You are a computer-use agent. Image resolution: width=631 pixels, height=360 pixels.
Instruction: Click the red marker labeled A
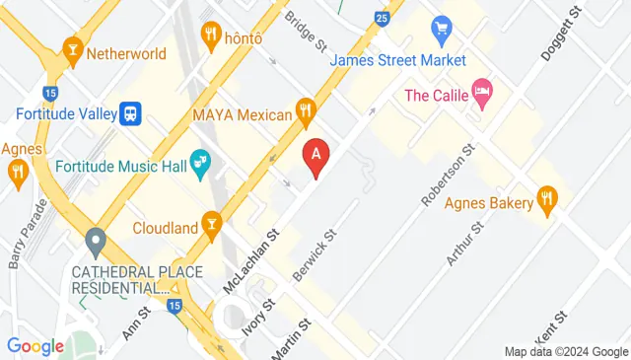(315, 156)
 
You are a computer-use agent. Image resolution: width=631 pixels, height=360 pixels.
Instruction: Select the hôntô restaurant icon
(211, 36)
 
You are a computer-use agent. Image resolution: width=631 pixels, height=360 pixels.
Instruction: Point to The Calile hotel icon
(482, 95)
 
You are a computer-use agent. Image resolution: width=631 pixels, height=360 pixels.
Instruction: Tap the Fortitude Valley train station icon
(129, 113)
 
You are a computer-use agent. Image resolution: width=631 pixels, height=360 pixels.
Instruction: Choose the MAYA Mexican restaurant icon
(307, 111)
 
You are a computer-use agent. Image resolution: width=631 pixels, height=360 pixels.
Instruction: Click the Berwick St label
(315, 254)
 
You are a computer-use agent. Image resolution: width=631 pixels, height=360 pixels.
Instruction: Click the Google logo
(35, 346)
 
